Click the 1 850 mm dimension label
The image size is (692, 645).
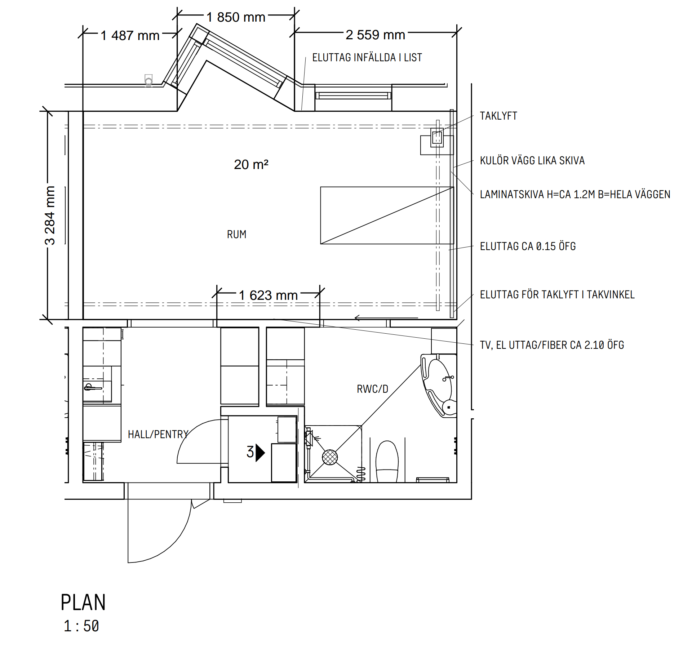pyautogui.click(x=236, y=17)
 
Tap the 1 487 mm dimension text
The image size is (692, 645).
pyautogui.click(x=130, y=36)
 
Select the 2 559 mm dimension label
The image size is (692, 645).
pyautogui.click(x=375, y=35)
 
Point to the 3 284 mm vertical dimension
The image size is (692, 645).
pyautogui.click(x=50, y=215)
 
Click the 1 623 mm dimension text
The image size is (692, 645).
pyautogui.click(x=268, y=295)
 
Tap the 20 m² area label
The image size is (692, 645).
pyautogui.click(x=251, y=165)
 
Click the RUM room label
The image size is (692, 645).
pyautogui.click(x=237, y=235)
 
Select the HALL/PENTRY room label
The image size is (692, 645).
pyautogui.click(x=158, y=434)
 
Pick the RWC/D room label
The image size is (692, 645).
pyautogui.click(x=372, y=389)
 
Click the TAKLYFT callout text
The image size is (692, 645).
pyautogui.click(x=498, y=116)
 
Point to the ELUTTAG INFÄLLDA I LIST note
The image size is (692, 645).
pyautogui.click(x=367, y=58)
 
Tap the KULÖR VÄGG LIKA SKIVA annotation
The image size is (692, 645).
pyautogui.click(x=532, y=161)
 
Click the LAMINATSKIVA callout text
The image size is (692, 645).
pyautogui.click(x=575, y=195)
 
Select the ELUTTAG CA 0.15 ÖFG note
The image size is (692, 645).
pyautogui.click(x=528, y=246)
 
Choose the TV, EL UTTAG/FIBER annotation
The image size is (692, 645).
pyautogui.click(x=552, y=345)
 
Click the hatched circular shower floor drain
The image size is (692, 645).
pyautogui.click(x=330, y=457)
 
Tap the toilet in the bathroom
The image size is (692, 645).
pyautogui.click(x=387, y=462)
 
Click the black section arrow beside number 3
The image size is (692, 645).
pyautogui.click(x=260, y=453)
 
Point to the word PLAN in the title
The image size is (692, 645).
pyautogui.click(x=83, y=602)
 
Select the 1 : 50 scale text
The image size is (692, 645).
pyautogui.click(x=81, y=626)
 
